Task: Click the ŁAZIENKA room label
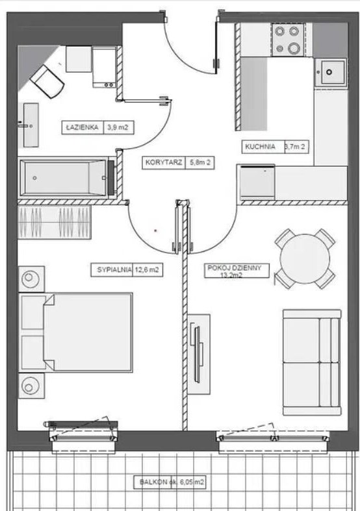tap(82, 127)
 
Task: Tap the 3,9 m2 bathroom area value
tap(118, 127)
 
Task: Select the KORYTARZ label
tap(164, 162)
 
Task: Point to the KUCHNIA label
tap(260, 147)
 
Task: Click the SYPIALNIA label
tap(114, 270)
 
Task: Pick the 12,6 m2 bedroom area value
tap(147, 270)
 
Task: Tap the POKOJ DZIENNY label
tap(235, 268)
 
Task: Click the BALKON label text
tap(153, 482)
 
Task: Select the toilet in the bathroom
tap(47, 81)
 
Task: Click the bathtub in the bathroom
tap(64, 178)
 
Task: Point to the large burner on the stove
tap(294, 48)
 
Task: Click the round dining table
tap(305, 259)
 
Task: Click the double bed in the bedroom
tap(75, 332)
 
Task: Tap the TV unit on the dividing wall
tap(199, 355)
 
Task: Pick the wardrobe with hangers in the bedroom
tap(55, 222)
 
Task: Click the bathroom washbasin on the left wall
tap(31, 125)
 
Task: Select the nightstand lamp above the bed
tap(31, 279)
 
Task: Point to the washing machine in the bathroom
tap(105, 67)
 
